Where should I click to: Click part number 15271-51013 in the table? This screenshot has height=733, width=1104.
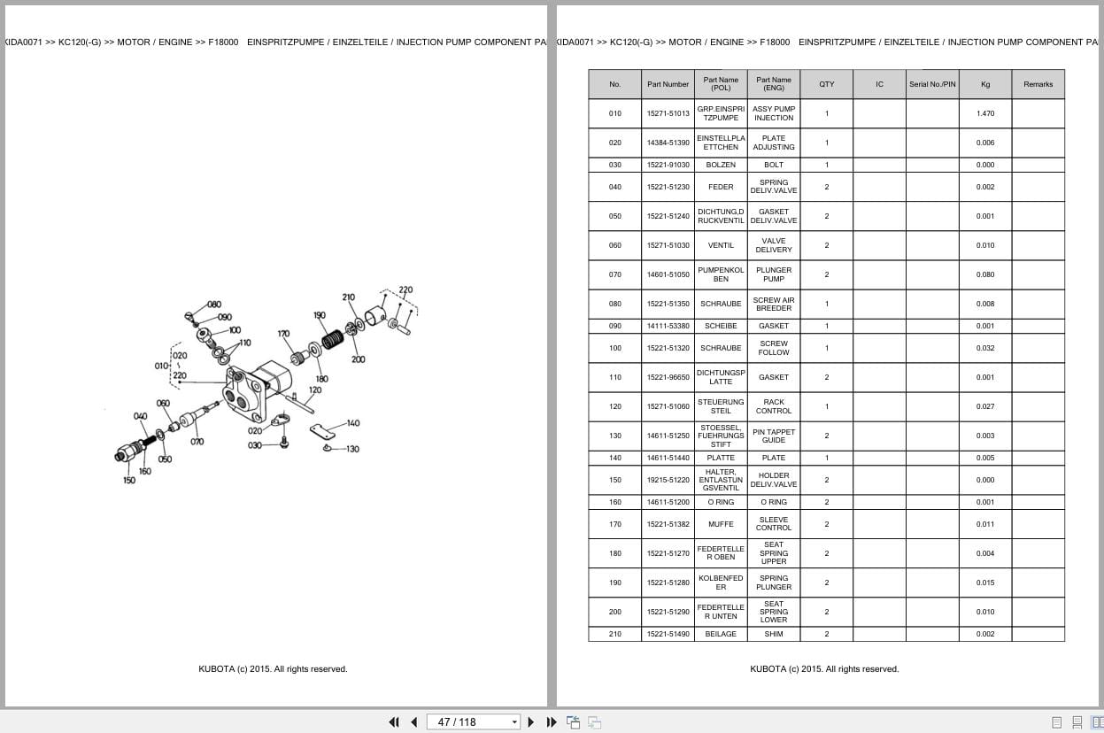click(x=668, y=113)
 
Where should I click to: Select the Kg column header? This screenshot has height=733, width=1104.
click(x=985, y=84)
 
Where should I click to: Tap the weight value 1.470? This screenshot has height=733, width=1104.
click(x=985, y=113)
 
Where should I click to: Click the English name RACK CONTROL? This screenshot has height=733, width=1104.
click(x=773, y=406)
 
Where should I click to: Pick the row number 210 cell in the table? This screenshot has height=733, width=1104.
click(x=614, y=634)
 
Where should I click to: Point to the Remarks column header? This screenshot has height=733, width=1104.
click(x=1038, y=84)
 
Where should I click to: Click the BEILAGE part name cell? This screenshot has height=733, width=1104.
click(x=721, y=634)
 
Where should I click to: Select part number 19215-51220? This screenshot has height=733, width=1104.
click(x=668, y=480)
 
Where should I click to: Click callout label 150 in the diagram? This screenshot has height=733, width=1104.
click(x=129, y=481)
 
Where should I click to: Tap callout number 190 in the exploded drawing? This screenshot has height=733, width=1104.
click(x=319, y=315)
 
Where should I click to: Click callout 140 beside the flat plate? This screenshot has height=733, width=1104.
click(x=353, y=423)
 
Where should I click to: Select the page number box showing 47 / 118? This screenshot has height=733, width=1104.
click(x=473, y=721)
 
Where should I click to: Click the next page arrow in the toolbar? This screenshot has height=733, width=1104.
click(x=531, y=721)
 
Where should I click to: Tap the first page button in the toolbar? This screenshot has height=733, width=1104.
click(x=394, y=721)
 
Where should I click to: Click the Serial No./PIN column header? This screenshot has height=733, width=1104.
click(x=932, y=84)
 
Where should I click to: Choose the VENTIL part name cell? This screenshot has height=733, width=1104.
click(x=721, y=245)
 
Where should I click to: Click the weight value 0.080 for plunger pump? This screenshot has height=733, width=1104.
click(x=985, y=274)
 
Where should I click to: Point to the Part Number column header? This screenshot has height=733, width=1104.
click(x=668, y=84)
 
